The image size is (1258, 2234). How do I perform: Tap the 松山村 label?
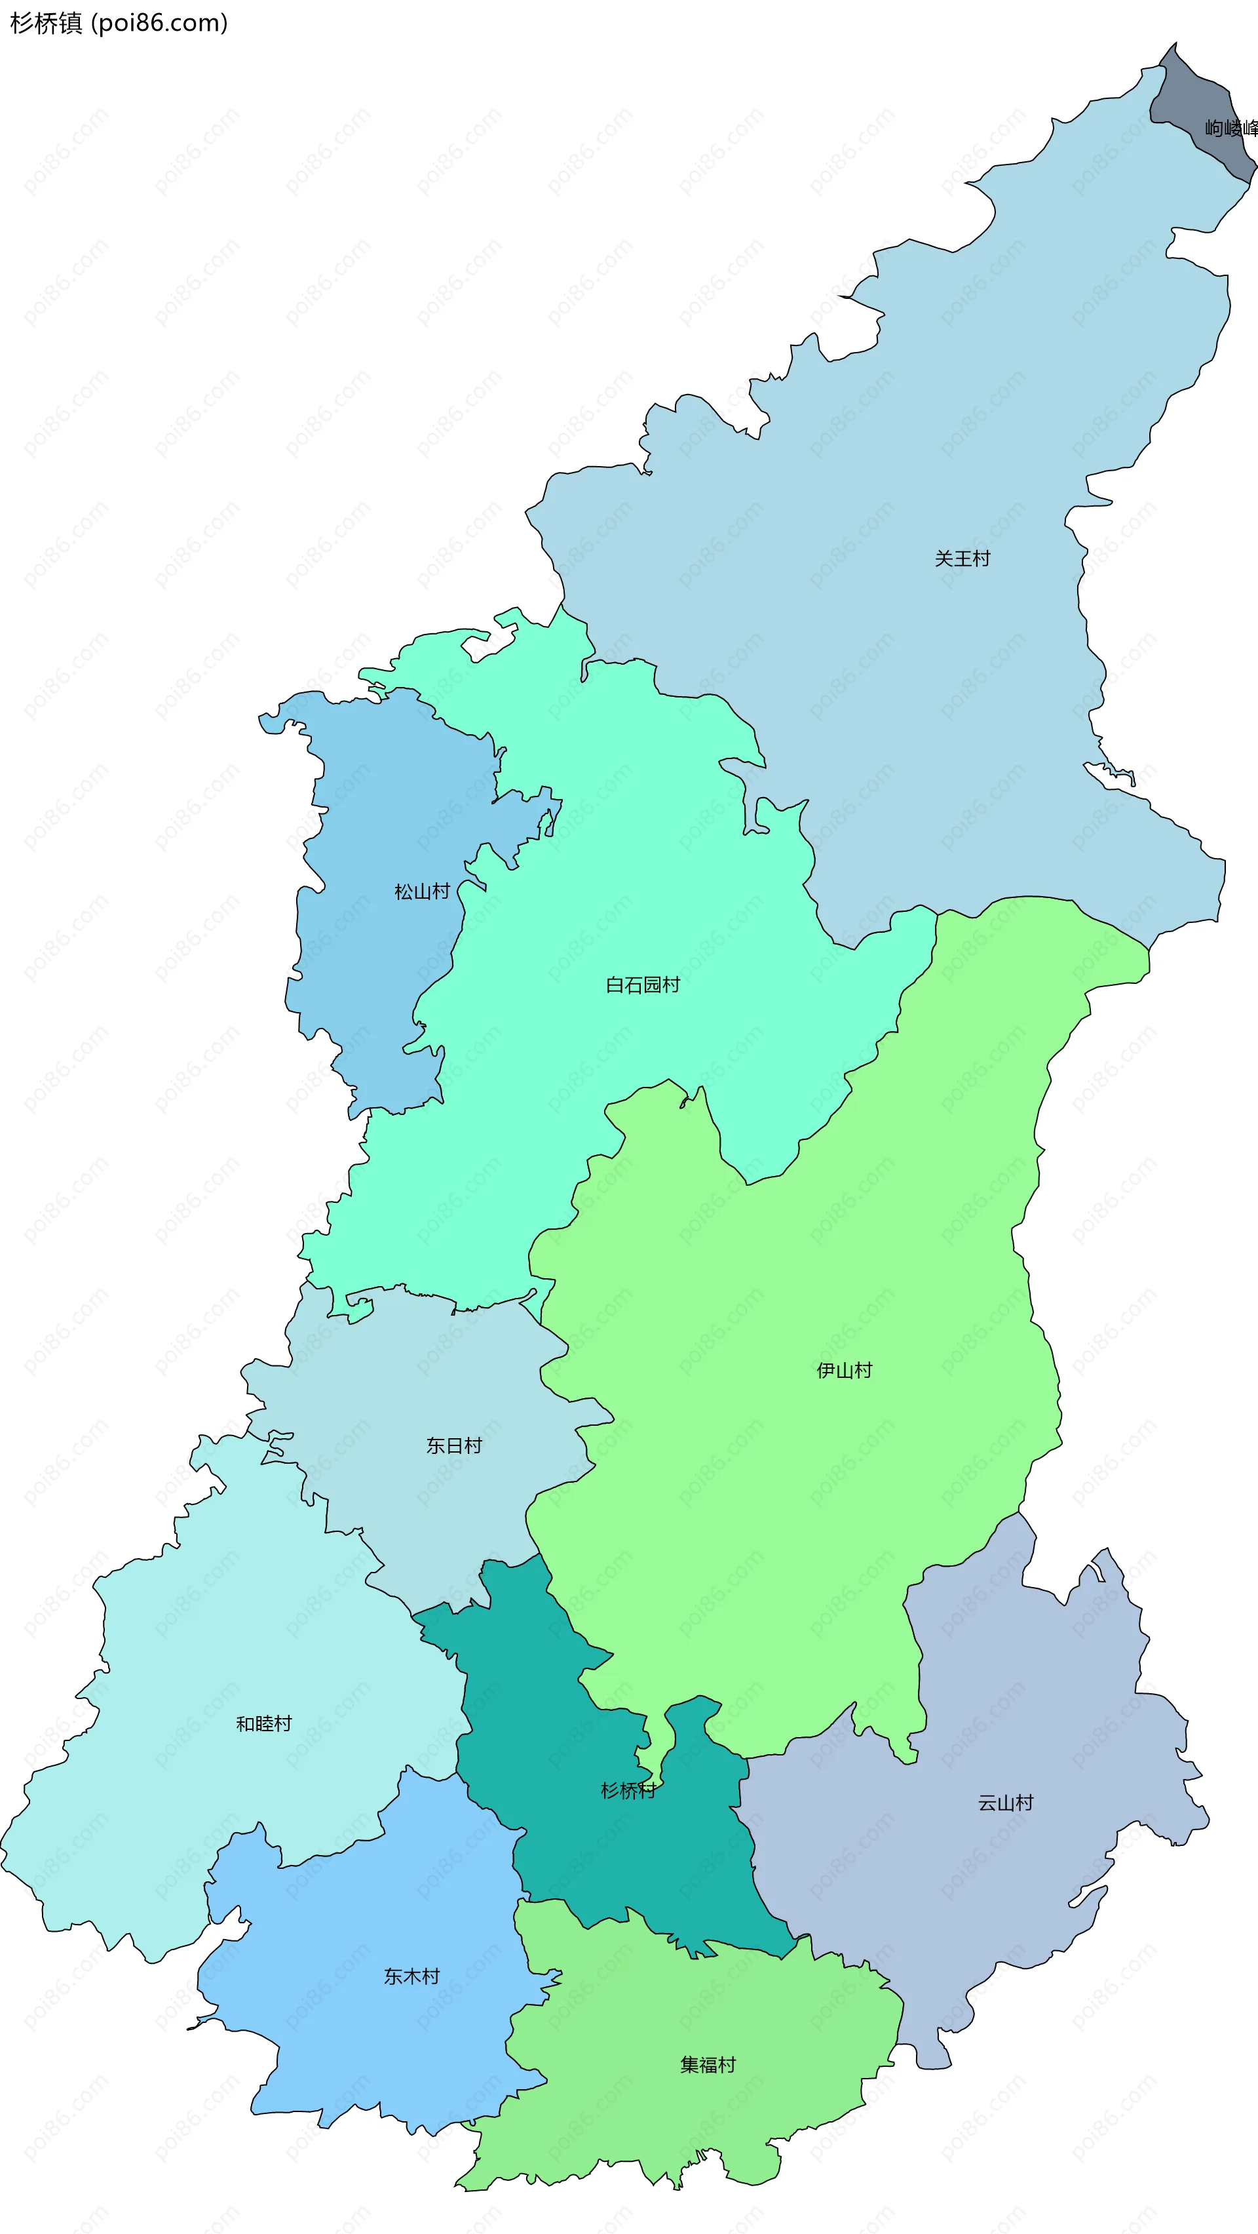[421, 892]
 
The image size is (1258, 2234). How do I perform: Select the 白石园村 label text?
[643, 985]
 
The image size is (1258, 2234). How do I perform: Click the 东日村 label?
[453, 1445]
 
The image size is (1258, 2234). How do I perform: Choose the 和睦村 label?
[263, 1724]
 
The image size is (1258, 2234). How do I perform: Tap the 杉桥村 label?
[628, 1791]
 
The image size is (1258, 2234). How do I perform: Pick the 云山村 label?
[1006, 1803]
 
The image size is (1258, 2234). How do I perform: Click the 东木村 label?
[412, 1976]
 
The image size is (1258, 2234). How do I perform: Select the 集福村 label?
[708, 2065]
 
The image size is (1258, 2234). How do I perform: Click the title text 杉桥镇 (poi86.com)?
[119, 22]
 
